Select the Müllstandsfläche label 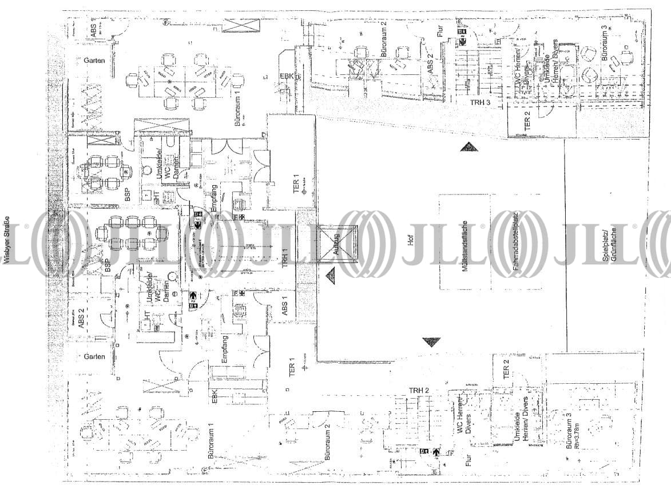tap(464, 245)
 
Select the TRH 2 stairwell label tap(419, 390)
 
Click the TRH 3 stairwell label tap(481, 102)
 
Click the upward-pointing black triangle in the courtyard tap(468, 147)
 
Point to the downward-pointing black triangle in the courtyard tap(432, 342)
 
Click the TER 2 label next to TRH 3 tap(527, 121)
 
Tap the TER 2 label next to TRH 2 tap(506, 372)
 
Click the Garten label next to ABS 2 tap(94, 356)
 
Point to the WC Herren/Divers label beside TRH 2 tap(463, 420)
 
